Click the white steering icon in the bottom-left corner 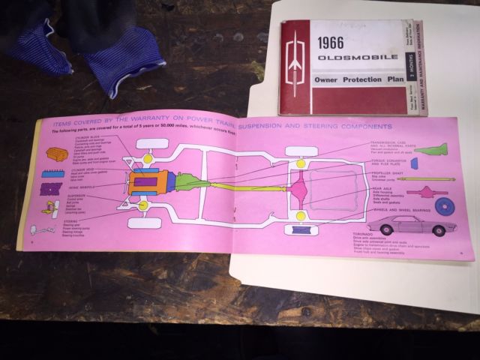click(x=49, y=226)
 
